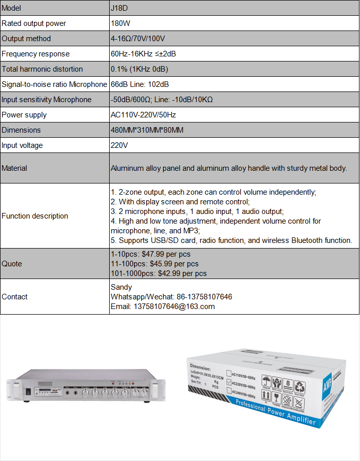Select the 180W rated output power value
click(120, 23)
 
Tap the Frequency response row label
click(36, 54)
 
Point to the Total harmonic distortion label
click(42, 69)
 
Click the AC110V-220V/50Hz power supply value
click(143, 115)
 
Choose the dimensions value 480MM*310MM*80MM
click(147, 130)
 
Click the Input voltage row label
click(22, 145)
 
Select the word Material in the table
click(15, 168)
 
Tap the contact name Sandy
click(121, 287)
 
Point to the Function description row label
click(35, 216)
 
